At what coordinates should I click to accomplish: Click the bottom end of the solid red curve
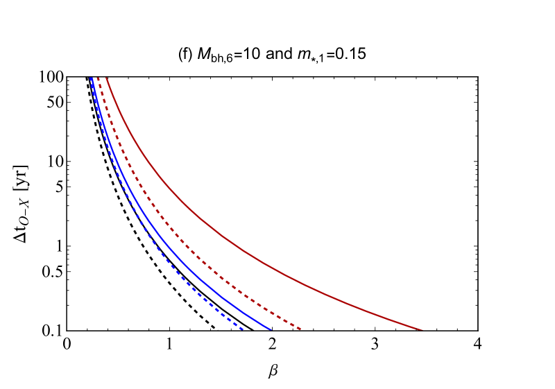pos(421,329)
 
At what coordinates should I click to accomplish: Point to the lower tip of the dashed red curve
pos(300,329)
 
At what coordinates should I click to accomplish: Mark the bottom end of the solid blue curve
pos(271,329)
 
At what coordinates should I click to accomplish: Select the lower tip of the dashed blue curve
pos(243,329)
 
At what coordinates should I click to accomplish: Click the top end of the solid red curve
pos(106,78)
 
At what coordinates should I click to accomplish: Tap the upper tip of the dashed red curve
pos(98,78)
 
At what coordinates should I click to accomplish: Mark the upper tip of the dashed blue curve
pos(90,78)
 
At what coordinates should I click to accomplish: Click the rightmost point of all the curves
pos(421,329)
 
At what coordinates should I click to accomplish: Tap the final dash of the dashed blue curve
pos(240,327)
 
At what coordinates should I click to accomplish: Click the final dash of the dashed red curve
pos(298,327)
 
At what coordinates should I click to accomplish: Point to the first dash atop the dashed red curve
pos(99,80)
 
